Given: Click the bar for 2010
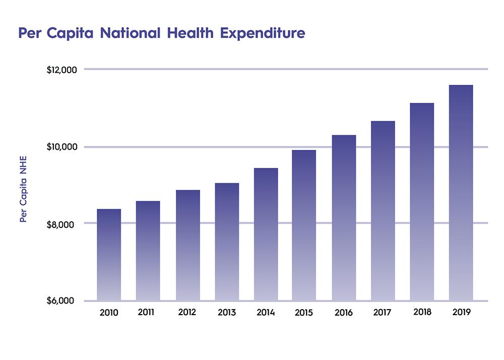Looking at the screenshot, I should (109, 255).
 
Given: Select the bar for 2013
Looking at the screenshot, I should (227, 242).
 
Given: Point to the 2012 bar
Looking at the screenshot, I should (187, 245).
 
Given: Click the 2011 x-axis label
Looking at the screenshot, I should (148, 312).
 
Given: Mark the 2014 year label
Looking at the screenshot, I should (266, 313).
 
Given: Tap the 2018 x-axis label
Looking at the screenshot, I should (422, 312).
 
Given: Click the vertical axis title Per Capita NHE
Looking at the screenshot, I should (23, 190).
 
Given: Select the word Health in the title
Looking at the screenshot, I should (192, 33).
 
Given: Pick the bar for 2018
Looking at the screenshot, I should (422, 202).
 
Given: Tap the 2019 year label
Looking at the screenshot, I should (461, 312).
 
